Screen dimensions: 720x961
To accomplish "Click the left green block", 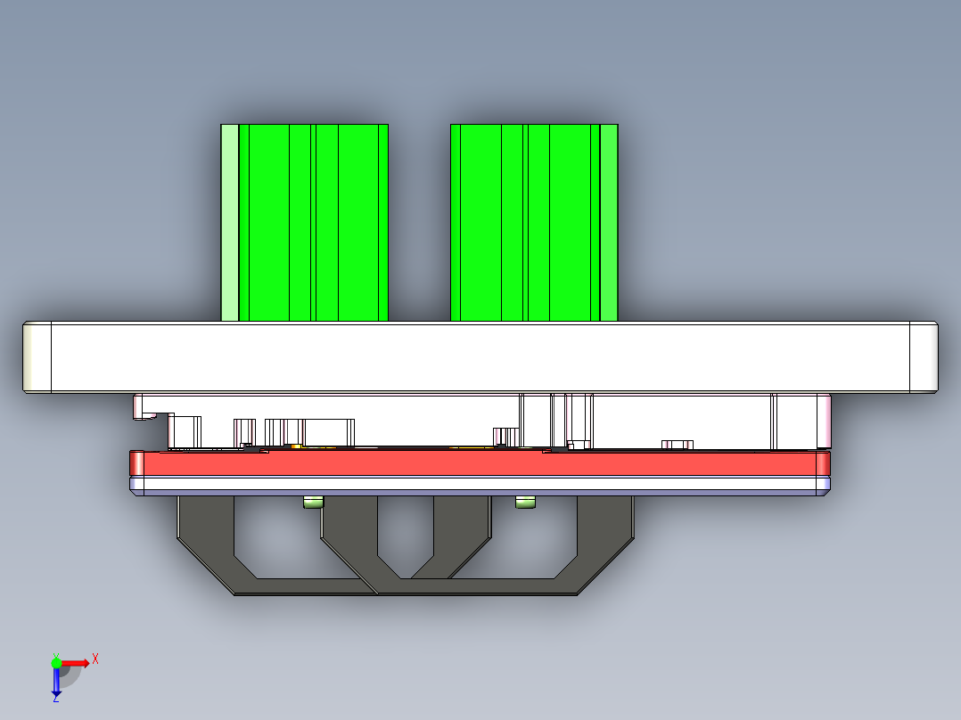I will click(x=312, y=223).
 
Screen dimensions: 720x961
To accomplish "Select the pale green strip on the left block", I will click(x=229, y=223).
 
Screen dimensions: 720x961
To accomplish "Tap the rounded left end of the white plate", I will click(x=37, y=356).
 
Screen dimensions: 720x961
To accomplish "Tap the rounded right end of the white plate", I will click(x=924, y=356).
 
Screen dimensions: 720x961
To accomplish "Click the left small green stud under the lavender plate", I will click(x=313, y=503).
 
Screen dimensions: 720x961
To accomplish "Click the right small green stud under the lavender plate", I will click(x=526, y=503).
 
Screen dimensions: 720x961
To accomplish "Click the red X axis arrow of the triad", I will click(x=77, y=663).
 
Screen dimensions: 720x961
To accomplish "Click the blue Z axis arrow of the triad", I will click(x=56, y=681).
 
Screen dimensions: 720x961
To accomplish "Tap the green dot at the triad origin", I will click(x=56, y=663).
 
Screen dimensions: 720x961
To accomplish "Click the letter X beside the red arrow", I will click(x=95, y=659).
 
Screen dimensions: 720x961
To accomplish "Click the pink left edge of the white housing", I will click(x=138, y=406).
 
